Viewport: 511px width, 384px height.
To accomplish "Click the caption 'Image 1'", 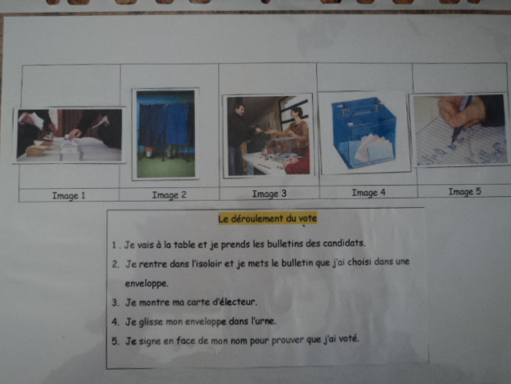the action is pyautogui.click(x=69, y=195).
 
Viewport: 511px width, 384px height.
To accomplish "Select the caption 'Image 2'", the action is pyautogui.click(x=169, y=195).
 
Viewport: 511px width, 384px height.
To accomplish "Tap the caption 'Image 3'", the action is pyautogui.click(x=269, y=194).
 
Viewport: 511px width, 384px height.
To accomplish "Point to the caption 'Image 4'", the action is pyautogui.click(x=369, y=193).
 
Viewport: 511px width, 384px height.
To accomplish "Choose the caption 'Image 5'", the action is pyautogui.click(x=465, y=191).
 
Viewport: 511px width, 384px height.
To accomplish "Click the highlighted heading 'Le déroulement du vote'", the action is pyautogui.click(x=267, y=218).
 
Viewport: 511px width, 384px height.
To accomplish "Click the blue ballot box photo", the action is pyautogui.click(x=364, y=133).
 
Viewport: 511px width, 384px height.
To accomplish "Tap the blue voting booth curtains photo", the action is pyautogui.click(x=165, y=134).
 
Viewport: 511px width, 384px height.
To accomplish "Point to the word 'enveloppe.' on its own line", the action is pyautogui.click(x=147, y=283).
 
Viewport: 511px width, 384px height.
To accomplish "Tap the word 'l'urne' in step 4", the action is pyautogui.click(x=263, y=321).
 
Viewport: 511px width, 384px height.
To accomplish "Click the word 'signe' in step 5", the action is pyautogui.click(x=149, y=342).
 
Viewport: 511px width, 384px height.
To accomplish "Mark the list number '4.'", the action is pyautogui.click(x=115, y=322).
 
